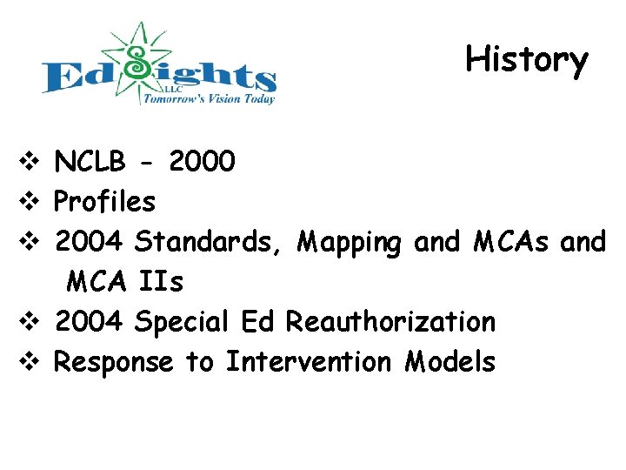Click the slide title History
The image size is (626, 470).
tap(527, 59)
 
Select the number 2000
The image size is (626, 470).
tap(202, 162)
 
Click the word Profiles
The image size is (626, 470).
tap(104, 202)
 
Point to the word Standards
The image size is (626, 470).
tap(207, 242)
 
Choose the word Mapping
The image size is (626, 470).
tap(349, 242)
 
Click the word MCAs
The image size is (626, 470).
tap(511, 242)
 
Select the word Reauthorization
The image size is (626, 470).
tap(391, 322)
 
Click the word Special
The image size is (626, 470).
tap(181, 322)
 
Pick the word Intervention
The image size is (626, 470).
tap(310, 361)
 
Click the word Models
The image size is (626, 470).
tap(450, 361)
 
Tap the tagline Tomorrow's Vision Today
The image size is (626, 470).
tap(209, 98)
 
